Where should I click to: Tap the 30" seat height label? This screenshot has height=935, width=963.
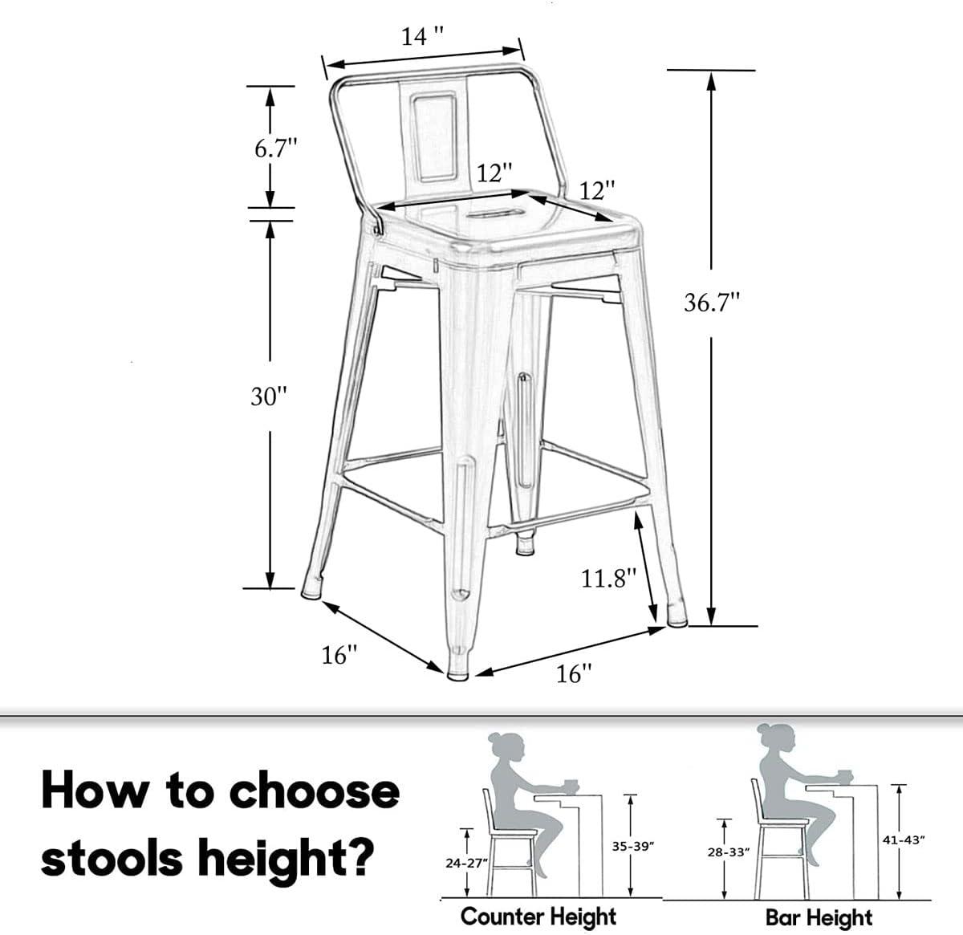pos(268,396)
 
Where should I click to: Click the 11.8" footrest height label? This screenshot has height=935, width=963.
pos(608,578)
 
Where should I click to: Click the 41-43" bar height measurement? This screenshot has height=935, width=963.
pos(903,839)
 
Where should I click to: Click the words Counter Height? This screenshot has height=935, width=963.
pos(538,916)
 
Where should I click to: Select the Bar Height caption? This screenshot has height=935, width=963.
pos(819,917)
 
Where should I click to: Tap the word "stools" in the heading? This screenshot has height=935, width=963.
pos(112,858)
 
